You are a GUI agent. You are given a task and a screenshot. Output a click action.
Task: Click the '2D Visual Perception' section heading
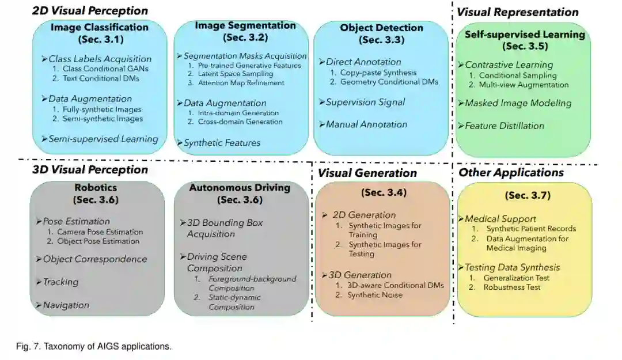90,10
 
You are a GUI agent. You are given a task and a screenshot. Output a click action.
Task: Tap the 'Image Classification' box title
100,27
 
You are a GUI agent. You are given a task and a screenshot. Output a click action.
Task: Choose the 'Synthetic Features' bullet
222,143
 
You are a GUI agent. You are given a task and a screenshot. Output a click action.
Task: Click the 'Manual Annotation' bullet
366,124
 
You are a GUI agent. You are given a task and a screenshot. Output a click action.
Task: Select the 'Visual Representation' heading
518,12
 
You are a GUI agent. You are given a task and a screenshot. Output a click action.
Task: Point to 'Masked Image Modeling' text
518,103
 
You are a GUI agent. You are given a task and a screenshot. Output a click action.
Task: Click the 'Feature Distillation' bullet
505,126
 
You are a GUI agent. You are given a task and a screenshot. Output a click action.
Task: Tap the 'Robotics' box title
96,187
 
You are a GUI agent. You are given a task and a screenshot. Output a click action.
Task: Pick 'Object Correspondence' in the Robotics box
95,259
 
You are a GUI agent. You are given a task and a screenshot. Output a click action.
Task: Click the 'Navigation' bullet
66,305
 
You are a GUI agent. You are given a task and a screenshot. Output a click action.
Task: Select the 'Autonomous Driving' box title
240,187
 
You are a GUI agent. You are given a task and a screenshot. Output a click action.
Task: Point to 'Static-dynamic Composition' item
234,302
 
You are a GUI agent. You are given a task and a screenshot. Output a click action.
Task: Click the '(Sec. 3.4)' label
384,192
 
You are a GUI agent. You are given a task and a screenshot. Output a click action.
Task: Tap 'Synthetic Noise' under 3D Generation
374,295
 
